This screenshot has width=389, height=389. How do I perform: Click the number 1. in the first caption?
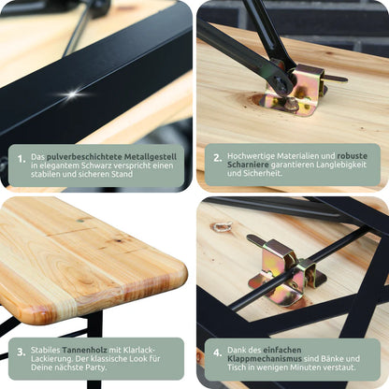(22, 159)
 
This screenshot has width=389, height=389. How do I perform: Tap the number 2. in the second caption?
(218, 158)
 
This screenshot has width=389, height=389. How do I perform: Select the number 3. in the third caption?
(22, 353)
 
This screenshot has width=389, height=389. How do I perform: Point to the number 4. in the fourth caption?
(218, 353)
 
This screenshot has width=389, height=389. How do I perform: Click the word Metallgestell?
(151, 156)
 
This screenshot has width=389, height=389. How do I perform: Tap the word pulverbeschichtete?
(84, 156)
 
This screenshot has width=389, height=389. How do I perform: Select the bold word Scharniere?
(248, 165)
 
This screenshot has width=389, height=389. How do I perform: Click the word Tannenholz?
(84, 350)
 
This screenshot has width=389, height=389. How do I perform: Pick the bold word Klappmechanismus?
(265, 358)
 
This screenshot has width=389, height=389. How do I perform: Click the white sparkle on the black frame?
(72, 94)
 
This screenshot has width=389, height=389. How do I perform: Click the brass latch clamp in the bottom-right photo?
(285, 270)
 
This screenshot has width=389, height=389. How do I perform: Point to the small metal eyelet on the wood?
(222, 226)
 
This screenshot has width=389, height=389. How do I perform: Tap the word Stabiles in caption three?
(45, 350)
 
